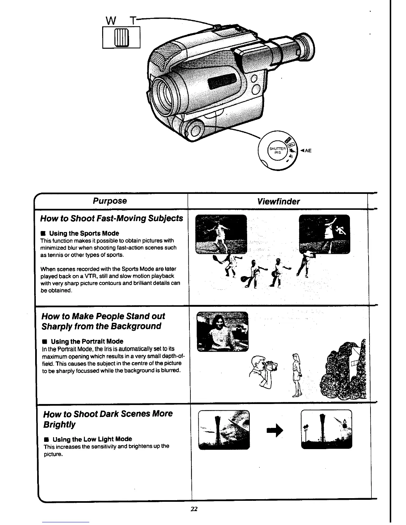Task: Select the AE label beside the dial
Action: click(x=306, y=150)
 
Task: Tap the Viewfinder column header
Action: click(x=278, y=202)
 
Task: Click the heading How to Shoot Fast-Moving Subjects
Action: click(x=111, y=218)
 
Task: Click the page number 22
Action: click(x=194, y=509)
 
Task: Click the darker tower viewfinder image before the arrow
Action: click(x=224, y=430)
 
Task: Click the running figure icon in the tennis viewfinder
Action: click(x=341, y=230)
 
